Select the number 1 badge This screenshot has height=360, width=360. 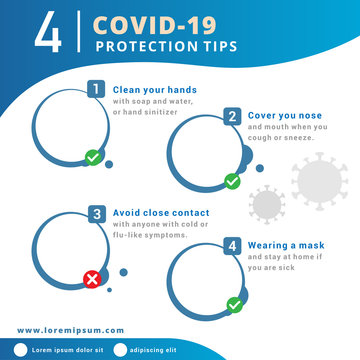click(x=96, y=89)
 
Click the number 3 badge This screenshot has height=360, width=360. click(x=96, y=213)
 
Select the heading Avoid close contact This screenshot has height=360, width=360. click(x=160, y=212)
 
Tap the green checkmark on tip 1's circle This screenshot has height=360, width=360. click(x=93, y=156)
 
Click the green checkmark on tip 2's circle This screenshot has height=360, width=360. click(x=232, y=181)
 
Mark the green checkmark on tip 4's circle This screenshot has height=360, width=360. click(x=234, y=303)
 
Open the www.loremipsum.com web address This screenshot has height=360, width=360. click(x=71, y=329)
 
